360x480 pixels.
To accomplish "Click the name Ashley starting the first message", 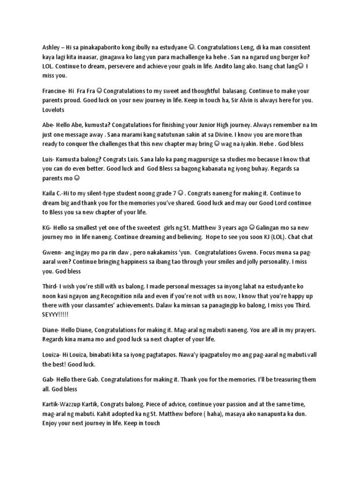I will point(51,48).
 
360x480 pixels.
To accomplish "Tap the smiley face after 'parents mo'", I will point(77,178).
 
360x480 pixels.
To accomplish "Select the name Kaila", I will point(50,193).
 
